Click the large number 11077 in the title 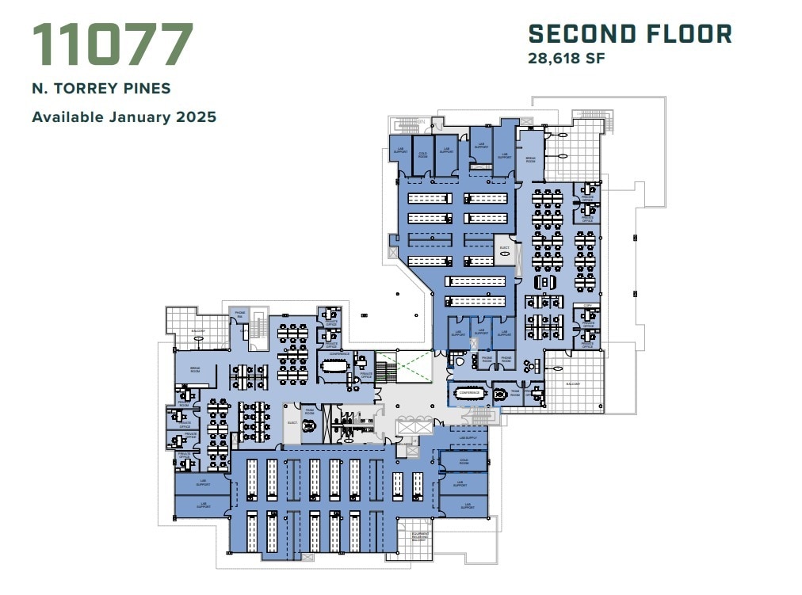click(x=113, y=45)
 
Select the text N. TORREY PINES click(x=101, y=89)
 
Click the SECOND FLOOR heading click(x=630, y=34)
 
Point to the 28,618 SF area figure click(x=567, y=58)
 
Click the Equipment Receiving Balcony click(x=420, y=539)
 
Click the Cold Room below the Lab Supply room click(x=463, y=461)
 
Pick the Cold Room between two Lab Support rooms click(x=422, y=154)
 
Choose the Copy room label click(x=587, y=306)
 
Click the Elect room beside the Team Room click(x=292, y=422)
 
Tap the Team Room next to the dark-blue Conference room click(x=515, y=393)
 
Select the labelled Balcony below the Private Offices click(x=574, y=383)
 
